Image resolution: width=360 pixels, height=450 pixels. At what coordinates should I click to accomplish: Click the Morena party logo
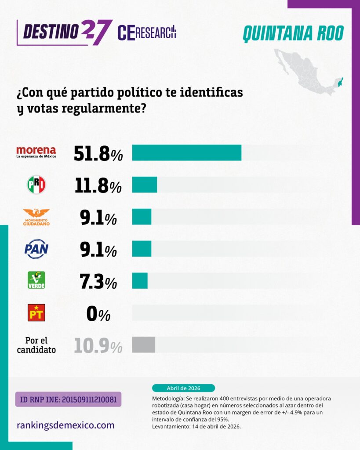tap(36, 152)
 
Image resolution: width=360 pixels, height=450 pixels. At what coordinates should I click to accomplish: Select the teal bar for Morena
tap(186, 152)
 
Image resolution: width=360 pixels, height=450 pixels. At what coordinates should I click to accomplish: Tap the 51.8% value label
tap(98, 153)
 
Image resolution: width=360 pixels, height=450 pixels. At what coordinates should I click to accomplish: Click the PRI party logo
tap(36, 185)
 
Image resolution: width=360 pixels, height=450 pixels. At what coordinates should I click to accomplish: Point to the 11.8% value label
tap(98, 185)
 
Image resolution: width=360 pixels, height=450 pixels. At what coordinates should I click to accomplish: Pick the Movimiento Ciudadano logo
tap(36, 217)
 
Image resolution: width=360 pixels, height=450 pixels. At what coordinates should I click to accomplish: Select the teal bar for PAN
tap(142, 249)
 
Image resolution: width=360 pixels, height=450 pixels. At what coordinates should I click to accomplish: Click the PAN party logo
tap(36, 249)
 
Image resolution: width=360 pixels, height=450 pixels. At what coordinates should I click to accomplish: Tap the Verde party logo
tap(36, 280)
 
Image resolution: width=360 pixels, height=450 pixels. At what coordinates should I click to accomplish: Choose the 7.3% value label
tap(98, 281)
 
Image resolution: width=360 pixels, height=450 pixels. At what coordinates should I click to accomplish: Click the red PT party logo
tap(36, 312)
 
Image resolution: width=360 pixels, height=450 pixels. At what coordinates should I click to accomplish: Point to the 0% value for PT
tap(98, 314)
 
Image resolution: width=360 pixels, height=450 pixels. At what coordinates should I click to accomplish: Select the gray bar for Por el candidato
tap(144, 345)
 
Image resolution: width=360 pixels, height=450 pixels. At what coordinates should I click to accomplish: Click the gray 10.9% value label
tap(98, 346)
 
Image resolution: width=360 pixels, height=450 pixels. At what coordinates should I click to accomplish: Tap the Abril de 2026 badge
tap(183, 388)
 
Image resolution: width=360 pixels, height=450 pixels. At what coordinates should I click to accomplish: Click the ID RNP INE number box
tap(68, 399)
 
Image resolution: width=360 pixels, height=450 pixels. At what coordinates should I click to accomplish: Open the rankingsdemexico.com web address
tap(65, 425)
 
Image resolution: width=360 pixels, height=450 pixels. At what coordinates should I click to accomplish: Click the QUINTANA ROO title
tap(293, 33)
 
